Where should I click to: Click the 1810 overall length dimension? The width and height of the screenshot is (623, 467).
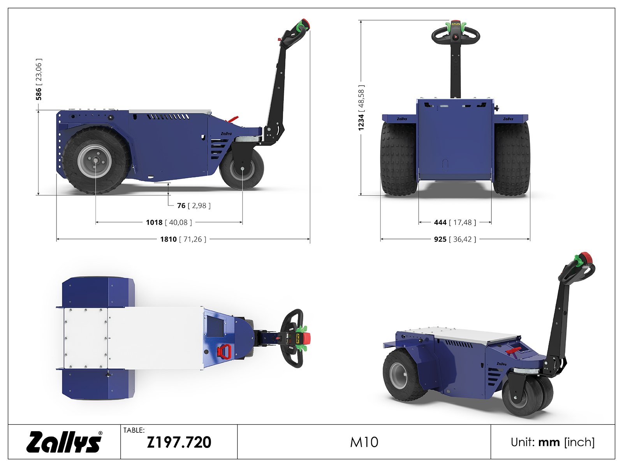183,239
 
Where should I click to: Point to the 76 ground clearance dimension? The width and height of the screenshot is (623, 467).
194,205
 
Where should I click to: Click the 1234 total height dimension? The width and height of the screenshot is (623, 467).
361,108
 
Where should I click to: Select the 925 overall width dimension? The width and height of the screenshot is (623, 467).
455,239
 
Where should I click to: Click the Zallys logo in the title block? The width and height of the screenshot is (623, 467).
64,442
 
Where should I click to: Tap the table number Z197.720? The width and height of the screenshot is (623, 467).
179,442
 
